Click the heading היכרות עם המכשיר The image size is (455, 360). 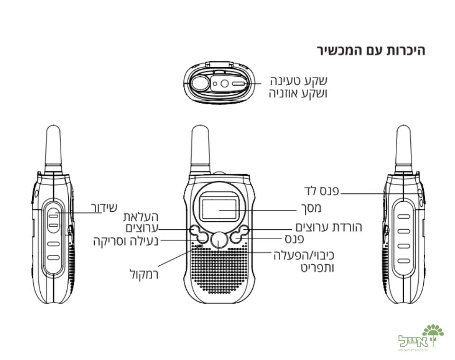pos(371,51)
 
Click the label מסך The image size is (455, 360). pos(311,208)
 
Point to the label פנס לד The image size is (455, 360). pos(323,191)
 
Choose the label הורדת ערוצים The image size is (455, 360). pos(329,226)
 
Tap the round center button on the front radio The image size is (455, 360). pos(218,240)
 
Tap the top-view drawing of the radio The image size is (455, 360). pos(218,82)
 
